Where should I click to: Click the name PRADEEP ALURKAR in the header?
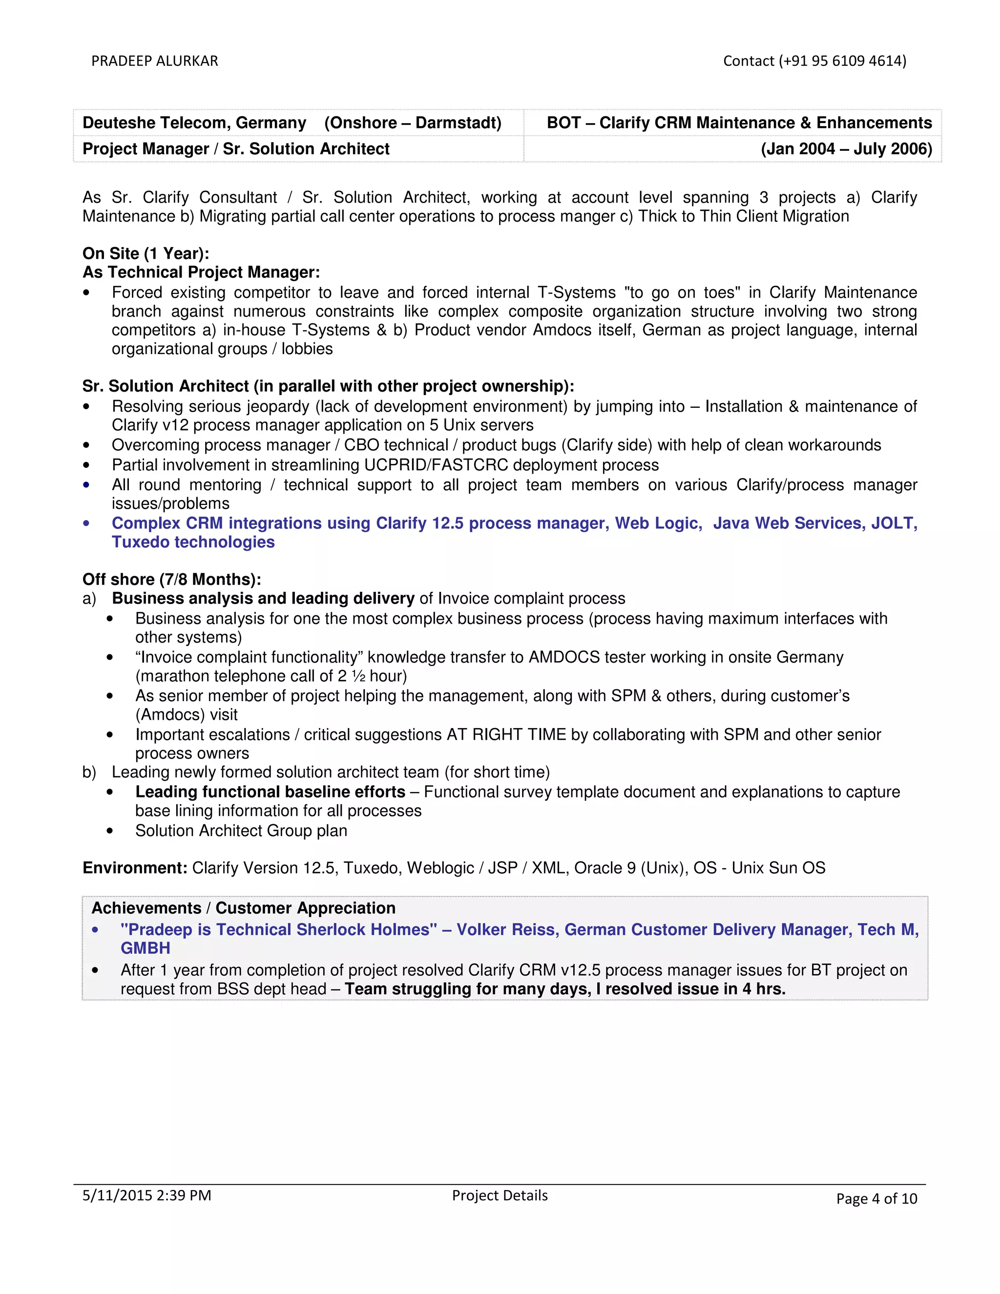[155, 61]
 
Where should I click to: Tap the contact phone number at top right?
[814, 61]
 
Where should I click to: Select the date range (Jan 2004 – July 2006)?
[846, 149]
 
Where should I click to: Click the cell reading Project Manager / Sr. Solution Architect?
[236, 149]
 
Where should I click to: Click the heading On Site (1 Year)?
[146, 253]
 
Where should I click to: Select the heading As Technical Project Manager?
[201, 272]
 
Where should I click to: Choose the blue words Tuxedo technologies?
[193, 542]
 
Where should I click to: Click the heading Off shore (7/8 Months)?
[172, 580]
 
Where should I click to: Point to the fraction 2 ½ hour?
[372, 676]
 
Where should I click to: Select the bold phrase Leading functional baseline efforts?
[270, 792]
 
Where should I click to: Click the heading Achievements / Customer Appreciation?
[244, 908]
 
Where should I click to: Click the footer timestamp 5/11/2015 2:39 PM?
[147, 1195]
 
